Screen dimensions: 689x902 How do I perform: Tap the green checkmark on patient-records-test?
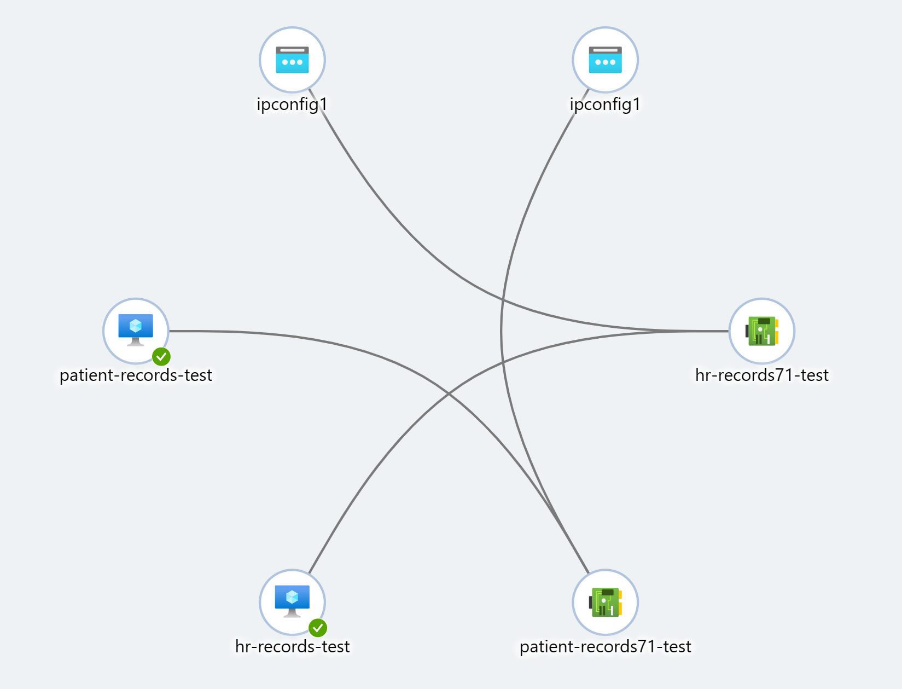pyautogui.click(x=161, y=357)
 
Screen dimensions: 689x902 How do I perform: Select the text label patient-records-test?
pyautogui.click(x=136, y=375)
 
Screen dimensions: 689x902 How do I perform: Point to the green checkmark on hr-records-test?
pyautogui.click(x=318, y=628)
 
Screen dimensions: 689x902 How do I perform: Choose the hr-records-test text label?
pyautogui.click(x=292, y=646)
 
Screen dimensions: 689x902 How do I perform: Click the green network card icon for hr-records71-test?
pyautogui.click(x=762, y=331)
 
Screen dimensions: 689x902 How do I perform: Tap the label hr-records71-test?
pyautogui.click(x=762, y=375)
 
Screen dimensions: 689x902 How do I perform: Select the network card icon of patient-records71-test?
pyautogui.click(x=605, y=602)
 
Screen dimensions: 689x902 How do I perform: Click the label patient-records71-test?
pyautogui.click(x=605, y=646)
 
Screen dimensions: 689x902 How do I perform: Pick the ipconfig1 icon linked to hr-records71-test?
pyautogui.click(x=292, y=60)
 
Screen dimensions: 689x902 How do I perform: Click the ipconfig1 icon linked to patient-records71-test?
pyautogui.click(x=605, y=60)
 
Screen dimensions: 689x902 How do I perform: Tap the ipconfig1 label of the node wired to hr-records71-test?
pyautogui.click(x=292, y=104)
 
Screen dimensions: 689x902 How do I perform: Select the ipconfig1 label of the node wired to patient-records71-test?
pyautogui.click(x=605, y=104)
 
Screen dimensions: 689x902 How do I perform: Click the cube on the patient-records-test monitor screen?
pyautogui.click(x=136, y=326)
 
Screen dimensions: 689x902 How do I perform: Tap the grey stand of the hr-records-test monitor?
pyautogui.click(x=292, y=613)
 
